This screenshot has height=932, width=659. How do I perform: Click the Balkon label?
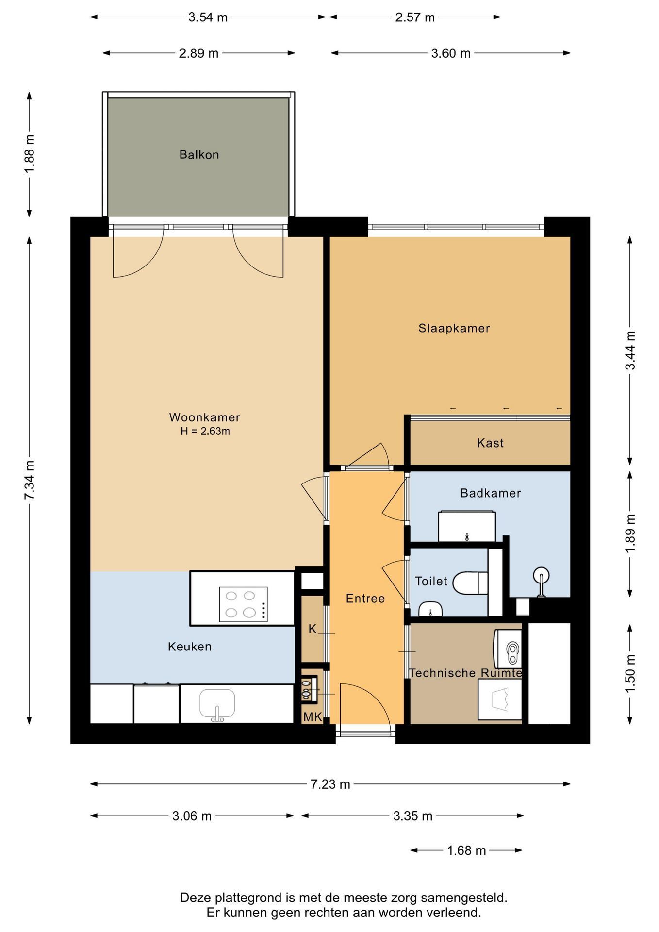199,155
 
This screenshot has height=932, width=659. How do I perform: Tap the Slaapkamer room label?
454,328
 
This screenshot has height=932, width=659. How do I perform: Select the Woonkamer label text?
204,417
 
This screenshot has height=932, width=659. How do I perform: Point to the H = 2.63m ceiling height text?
205,431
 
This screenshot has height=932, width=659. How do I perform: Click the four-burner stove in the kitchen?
243,604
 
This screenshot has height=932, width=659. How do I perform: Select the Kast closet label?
490,443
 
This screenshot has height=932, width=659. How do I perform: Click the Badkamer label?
491,493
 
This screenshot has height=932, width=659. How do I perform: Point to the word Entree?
365,599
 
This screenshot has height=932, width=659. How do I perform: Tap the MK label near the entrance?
313,717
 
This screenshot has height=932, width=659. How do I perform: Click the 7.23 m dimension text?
330,784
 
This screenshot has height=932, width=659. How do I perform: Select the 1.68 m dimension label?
466,850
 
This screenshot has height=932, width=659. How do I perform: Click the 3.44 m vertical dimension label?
630,350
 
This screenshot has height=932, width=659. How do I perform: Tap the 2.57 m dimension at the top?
415,17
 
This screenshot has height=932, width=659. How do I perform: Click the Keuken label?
190,647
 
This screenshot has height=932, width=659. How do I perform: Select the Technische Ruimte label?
465,673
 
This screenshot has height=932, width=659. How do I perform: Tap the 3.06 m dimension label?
192,816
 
